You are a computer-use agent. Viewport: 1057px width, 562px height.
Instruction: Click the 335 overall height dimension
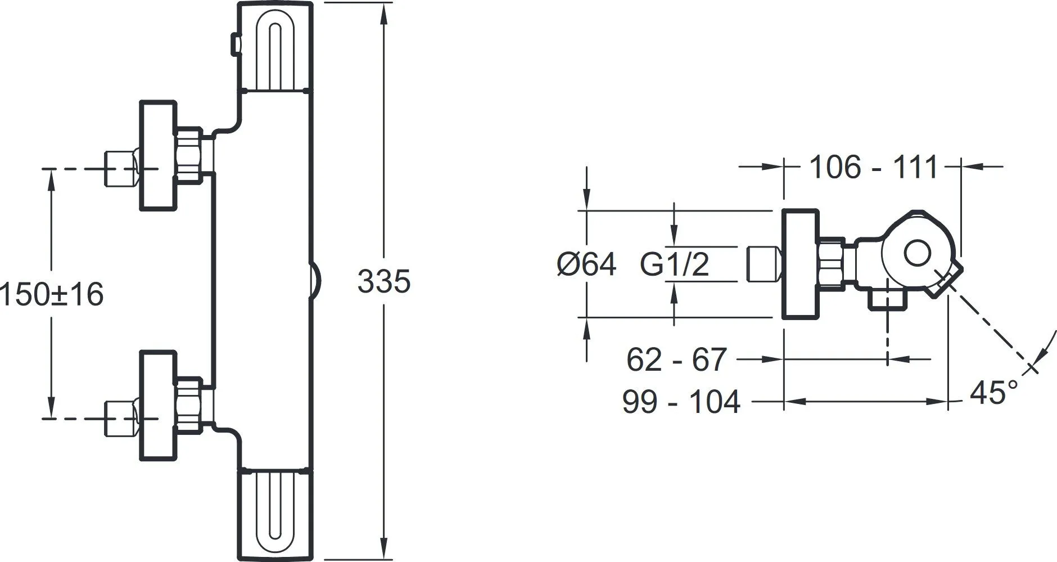coord(384,282)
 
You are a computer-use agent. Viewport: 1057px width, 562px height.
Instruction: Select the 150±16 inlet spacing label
coord(52,295)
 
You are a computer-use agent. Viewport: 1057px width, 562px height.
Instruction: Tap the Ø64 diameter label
coord(586,264)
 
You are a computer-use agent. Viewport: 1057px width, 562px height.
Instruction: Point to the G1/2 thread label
coord(675,264)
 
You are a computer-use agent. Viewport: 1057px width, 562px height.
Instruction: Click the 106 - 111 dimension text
coord(874,167)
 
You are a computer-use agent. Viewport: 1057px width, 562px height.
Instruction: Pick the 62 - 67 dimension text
coord(677,359)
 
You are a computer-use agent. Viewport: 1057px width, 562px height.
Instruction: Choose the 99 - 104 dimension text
coord(681,402)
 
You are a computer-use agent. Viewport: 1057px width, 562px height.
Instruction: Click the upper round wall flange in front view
coord(158,156)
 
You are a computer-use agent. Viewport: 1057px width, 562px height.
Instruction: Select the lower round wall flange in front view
coord(158,406)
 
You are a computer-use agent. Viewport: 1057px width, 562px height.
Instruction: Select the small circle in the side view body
coord(918,254)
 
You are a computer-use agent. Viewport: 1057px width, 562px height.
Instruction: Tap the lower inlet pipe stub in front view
coord(121,418)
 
